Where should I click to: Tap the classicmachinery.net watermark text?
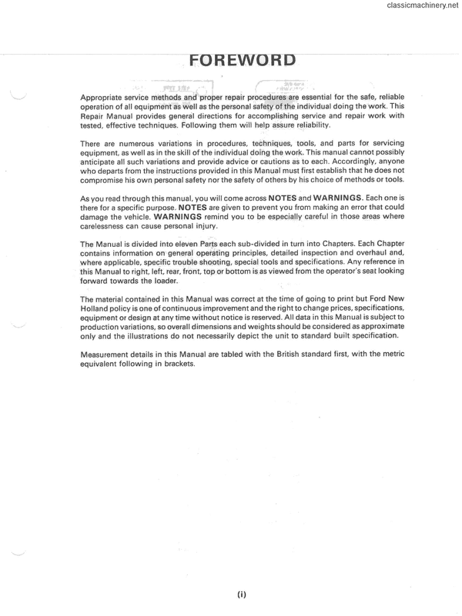(x=419, y=7)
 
